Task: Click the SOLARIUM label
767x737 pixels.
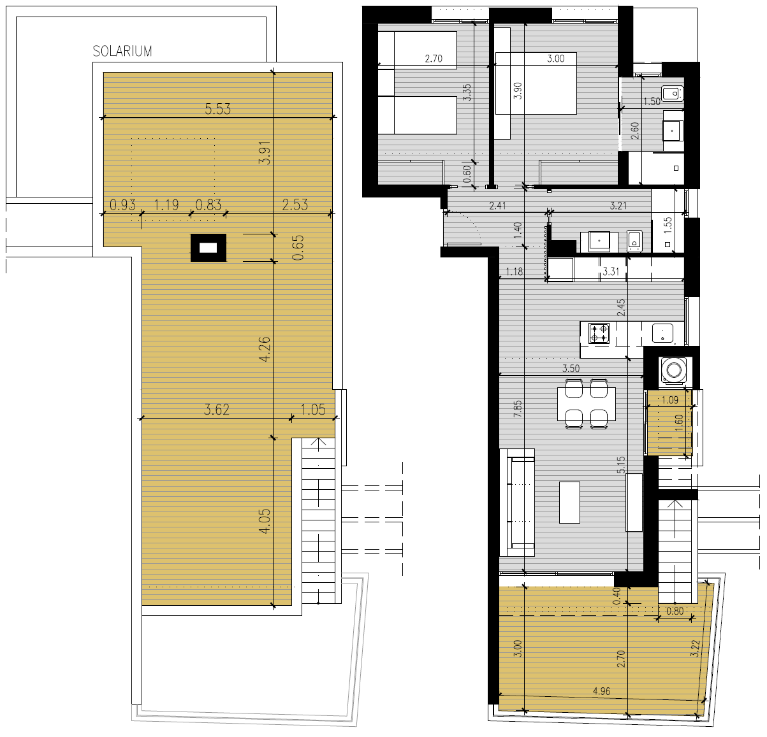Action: pyautogui.click(x=122, y=51)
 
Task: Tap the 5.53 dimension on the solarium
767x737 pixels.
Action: pyautogui.click(x=217, y=109)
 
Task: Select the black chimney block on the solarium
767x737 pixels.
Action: pyautogui.click(x=208, y=248)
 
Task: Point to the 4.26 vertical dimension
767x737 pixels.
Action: pyautogui.click(x=265, y=349)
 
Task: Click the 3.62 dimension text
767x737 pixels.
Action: pyautogui.click(x=216, y=410)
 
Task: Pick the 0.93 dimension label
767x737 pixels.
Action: pyautogui.click(x=122, y=204)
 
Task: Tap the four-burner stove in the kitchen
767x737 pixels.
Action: pyautogui.click(x=599, y=333)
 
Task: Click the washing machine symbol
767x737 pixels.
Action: pyautogui.click(x=673, y=369)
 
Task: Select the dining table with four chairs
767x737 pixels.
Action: pyautogui.click(x=587, y=404)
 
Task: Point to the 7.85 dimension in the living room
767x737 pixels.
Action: pyautogui.click(x=518, y=409)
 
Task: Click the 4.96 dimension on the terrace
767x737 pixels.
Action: pyautogui.click(x=601, y=691)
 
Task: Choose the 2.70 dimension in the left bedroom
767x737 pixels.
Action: pyautogui.click(x=434, y=59)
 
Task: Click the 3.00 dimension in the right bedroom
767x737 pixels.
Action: pyautogui.click(x=556, y=59)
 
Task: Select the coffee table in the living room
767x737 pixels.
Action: pyautogui.click(x=569, y=503)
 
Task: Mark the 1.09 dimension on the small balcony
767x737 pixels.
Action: pyautogui.click(x=670, y=401)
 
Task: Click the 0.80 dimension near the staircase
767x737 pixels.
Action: pyautogui.click(x=675, y=612)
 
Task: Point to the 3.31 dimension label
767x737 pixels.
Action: pyautogui.click(x=611, y=271)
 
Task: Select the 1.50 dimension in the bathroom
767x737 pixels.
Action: pyautogui.click(x=652, y=101)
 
